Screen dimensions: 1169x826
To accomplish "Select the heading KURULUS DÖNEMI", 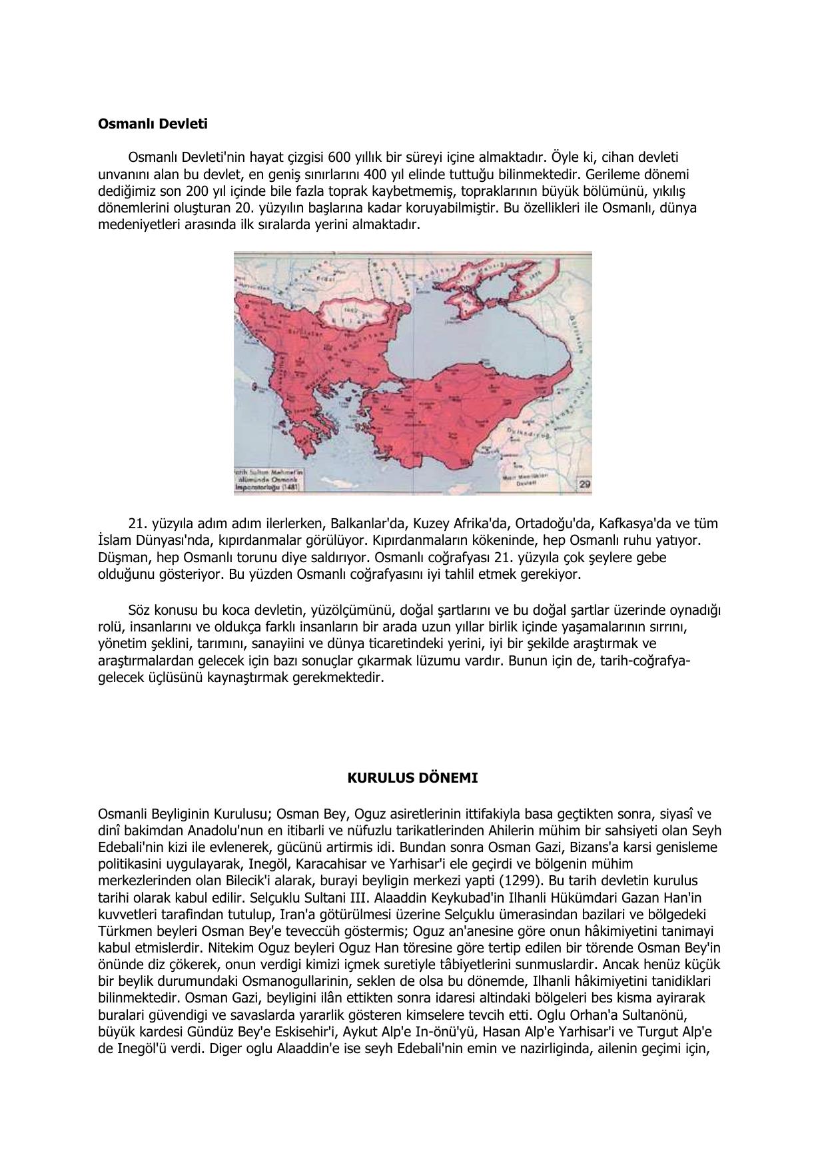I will (412, 777).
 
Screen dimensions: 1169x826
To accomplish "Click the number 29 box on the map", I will (584, 485).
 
